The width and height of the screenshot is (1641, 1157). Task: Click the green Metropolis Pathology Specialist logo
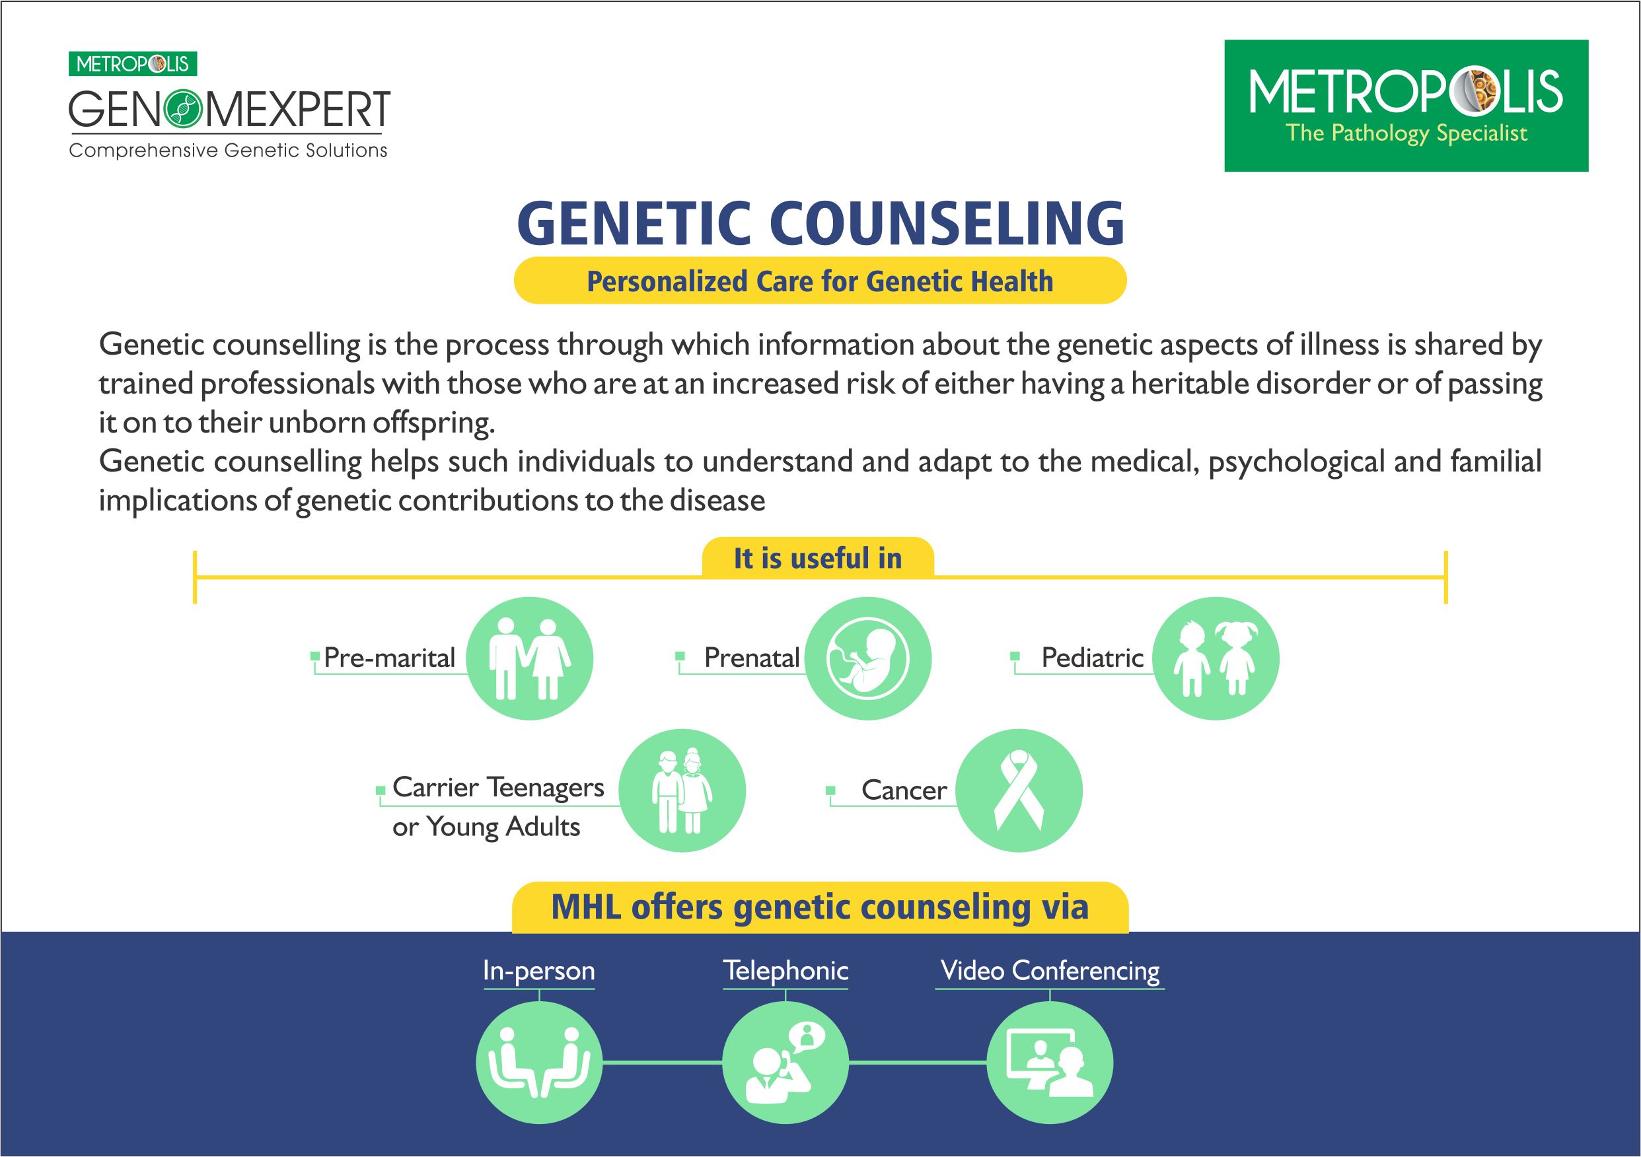pyautogui.click(x=1406, y=106)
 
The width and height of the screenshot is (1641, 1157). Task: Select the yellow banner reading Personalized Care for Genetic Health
pyautogui.click(x=820, y=281)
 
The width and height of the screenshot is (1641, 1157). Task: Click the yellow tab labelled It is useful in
pyautogui.click(x=818, y=558)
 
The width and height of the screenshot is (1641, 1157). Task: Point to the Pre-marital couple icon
pyautogui.click(x=530, y=658)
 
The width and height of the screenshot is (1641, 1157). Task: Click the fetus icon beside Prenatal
pyautogui.click(x=868, y=658)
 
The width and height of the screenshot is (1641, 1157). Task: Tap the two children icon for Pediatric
pyautogui.click(x=1216, y=658)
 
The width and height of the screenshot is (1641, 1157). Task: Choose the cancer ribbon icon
pyautogui.click(x=1019, y=790)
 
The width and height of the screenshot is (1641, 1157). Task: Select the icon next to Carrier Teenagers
pyautogui.click(x=682, y=790)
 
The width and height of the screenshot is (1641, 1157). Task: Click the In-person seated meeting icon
pyautogui.click(x=539, y=1062)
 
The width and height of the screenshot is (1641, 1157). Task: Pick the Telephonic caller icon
pyautogui.click(x=785, y=1062)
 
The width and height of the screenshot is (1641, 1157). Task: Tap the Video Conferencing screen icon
pyautogui.click(x=1050, y=1062)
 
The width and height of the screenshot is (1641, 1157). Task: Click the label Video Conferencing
pyautogui.click(x=1050, y=971)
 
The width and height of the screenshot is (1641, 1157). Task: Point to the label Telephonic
pyautogui.click(x=785, y=971)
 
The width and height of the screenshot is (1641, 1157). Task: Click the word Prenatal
pyautogui.click(x=751, y=658)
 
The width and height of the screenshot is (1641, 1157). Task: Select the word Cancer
pyautogui.click(x=903, y=790)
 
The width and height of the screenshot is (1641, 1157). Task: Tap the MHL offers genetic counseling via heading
pyautogui.click(x=820, y=907)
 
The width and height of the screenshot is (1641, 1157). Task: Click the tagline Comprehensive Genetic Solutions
pyautogui.click(x=228, y=151)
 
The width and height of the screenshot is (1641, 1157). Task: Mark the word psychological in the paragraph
pyautogui.click(x=1295, y=462)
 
